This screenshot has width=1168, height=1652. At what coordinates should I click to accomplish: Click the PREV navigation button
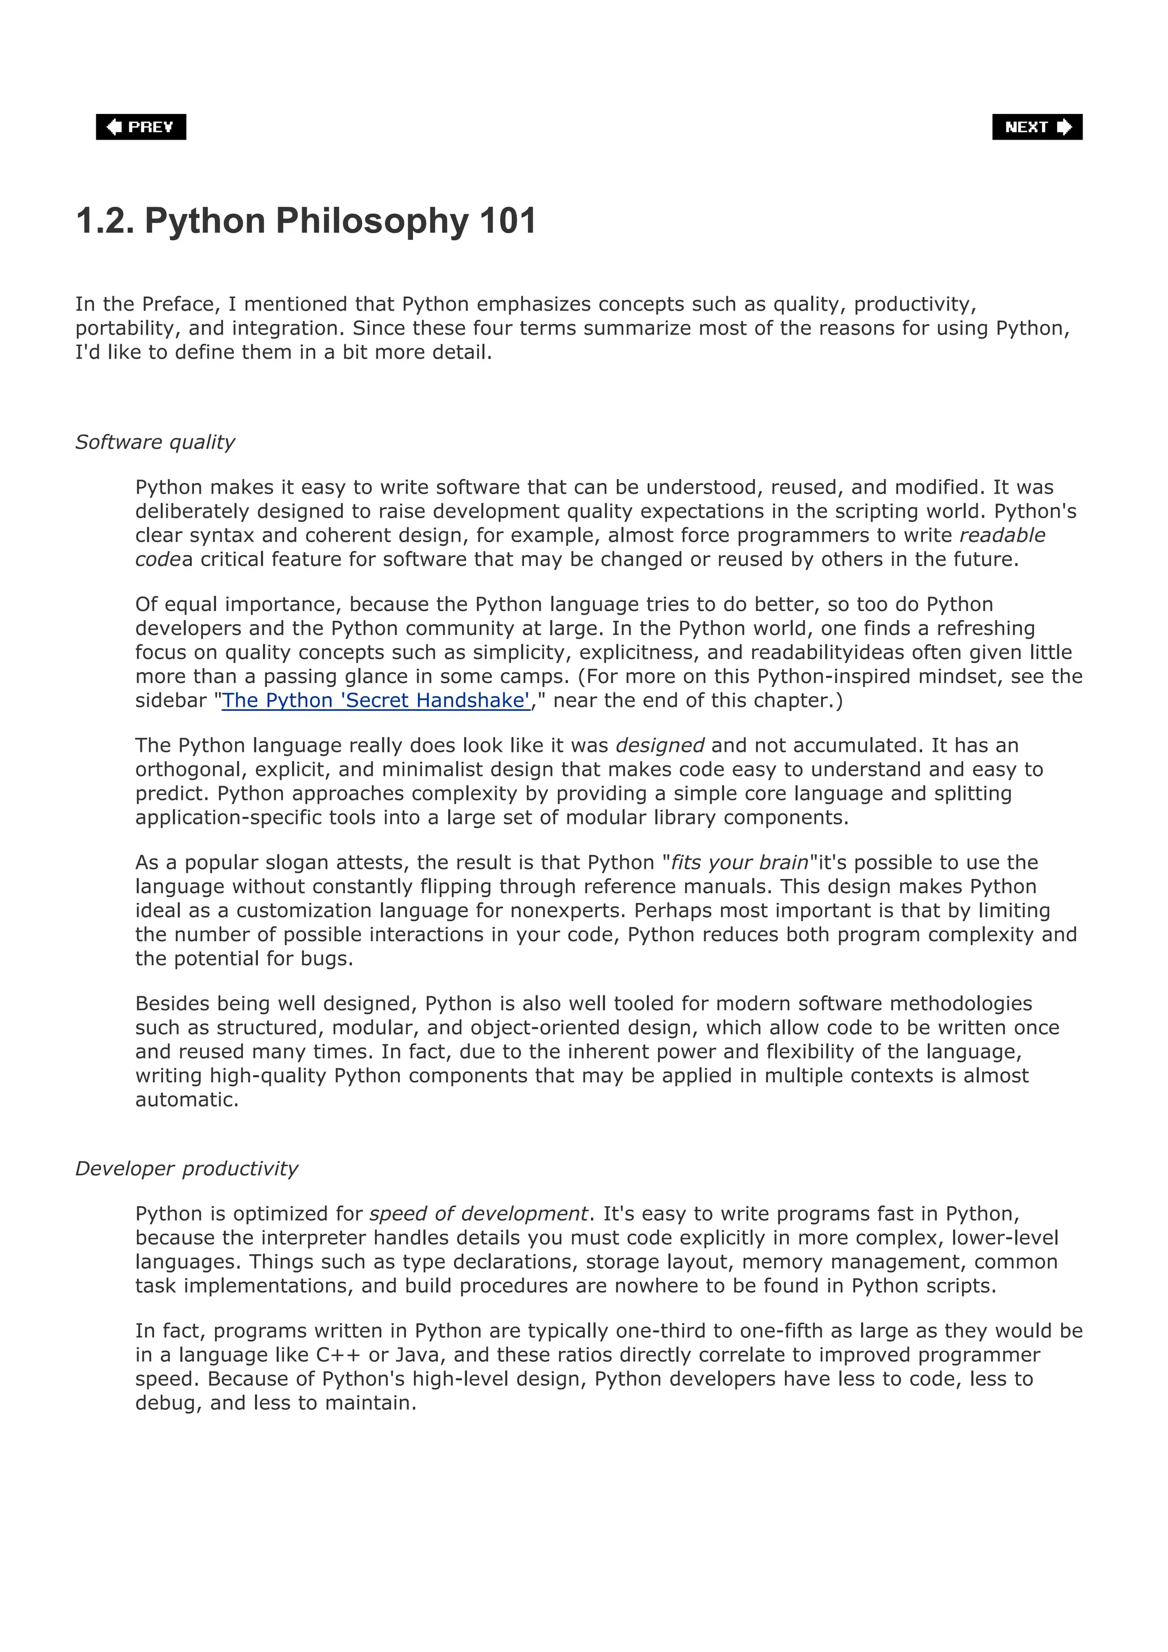pos(141,127)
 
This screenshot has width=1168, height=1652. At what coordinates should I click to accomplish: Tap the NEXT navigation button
pos(1036,127)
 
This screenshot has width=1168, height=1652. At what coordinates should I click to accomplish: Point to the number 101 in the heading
pos(508,221)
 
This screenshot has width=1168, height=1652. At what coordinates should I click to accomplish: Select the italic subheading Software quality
pos(155,442)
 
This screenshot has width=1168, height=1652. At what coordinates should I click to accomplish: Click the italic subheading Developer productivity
pos(186,1169)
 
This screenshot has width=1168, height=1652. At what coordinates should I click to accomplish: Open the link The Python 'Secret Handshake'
pos(376,700)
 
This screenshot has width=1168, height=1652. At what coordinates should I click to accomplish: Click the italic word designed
pos(660,746)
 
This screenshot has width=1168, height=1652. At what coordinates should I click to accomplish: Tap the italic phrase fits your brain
pos(739,862)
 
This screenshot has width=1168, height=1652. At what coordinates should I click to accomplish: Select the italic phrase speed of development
pos(478,1214)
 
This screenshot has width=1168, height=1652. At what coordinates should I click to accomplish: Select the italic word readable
pos(1002,535)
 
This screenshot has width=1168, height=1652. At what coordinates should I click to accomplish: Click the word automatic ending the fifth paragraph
pos(186,1100)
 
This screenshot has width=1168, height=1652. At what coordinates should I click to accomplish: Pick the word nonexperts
pos(569,911)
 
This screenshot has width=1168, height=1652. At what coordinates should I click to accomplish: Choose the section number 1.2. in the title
pos(105,221)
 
